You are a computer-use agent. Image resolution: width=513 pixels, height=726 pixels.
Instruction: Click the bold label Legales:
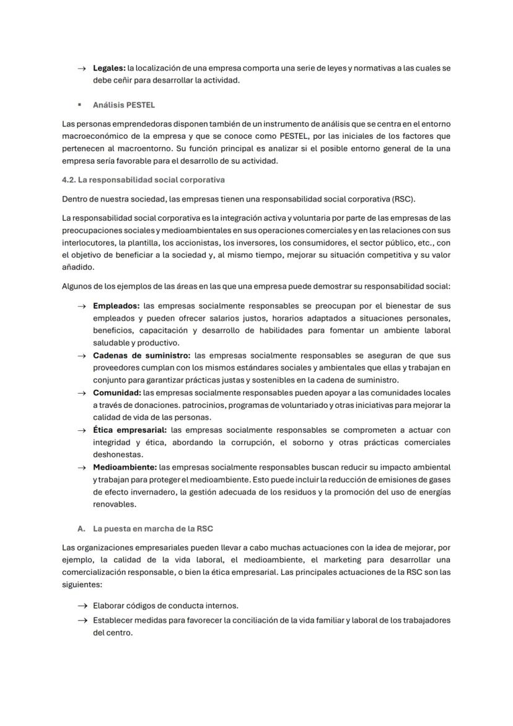(x=109, y=68)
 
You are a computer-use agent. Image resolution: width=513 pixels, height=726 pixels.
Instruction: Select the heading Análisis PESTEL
(x=124, y=105)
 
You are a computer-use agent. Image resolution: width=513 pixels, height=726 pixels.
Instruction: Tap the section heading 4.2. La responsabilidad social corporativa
(x=143, y=180)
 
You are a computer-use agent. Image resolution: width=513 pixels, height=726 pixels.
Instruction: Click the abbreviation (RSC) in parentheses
(x=403, y=199)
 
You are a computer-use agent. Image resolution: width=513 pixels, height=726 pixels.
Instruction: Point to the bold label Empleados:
(x=116, y=306)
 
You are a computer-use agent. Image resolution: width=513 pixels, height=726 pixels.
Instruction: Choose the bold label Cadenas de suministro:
(x=141, y=356)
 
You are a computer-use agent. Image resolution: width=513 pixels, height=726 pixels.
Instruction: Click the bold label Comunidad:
(x=117, y=393)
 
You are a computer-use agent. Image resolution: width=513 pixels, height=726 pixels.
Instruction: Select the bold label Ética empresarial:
(x=129, y=430)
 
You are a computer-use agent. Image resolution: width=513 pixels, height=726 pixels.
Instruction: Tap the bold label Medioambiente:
(x=125, y=467)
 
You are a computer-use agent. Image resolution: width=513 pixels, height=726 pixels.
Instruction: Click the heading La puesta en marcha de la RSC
(x=153, y=529)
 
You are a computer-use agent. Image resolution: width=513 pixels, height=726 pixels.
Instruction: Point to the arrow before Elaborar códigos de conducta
(x=82, y=606)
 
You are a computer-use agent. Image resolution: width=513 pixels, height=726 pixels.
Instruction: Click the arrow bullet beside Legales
(x=82, y=68)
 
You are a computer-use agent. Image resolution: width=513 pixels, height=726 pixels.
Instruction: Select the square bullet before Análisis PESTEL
(x=80, y=105)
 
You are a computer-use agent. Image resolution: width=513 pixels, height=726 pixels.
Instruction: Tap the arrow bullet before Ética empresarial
(x=82, y=430)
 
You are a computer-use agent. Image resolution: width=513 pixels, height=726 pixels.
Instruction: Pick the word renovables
(x=114, y=504)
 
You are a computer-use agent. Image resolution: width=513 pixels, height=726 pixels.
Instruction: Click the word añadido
(x=78, y=267)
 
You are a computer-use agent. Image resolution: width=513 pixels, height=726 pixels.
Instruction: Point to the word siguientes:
(x=82, y=584)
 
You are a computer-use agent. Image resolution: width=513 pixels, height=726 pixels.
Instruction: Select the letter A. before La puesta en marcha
(x=81, y=529)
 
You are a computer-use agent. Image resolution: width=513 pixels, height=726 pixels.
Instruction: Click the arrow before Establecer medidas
(x=82, y=620)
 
